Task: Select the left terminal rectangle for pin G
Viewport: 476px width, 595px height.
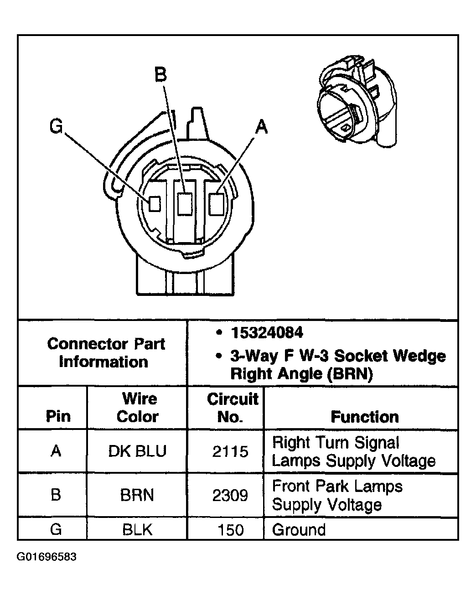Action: [155, 203]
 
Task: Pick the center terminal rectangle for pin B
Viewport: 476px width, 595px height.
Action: [185, 203]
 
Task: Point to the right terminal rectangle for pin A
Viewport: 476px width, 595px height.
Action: [216, 203]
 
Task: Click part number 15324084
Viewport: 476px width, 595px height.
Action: [267, 333]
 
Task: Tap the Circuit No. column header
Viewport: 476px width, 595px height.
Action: [232, 408]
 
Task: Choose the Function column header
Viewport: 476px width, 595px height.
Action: [364, 416]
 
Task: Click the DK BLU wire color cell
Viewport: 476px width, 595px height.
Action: [137, 451]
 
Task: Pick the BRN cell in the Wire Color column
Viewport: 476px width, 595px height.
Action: [137, 495]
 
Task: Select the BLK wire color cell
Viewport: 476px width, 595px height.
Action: [137, 530]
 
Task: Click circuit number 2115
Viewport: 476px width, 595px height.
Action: [230, 451]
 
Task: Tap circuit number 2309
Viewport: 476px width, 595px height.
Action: [230, 495]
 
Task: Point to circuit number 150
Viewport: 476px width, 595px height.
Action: [231, 530]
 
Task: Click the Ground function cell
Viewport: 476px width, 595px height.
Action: [299, 530]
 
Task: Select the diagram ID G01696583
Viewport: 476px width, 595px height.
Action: [47, 557]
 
